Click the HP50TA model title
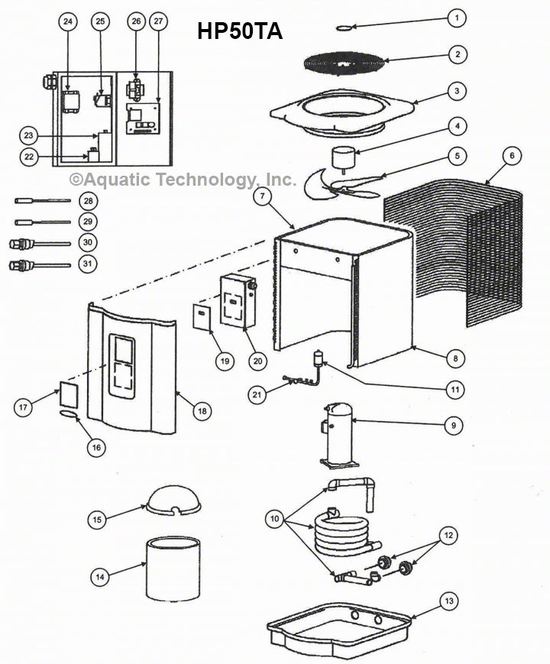click(x=240, y=31)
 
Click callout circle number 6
click(x=512, y=155)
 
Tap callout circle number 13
click(x=450, y=602)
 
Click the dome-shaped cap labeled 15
click(x=173, y=499)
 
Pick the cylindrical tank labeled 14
click(x=173, y=569)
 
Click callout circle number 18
click(x=202, y=411)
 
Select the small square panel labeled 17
click(x=70, y=397)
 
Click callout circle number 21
click(x=257, y=394)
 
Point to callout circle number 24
click(x=68, y=22)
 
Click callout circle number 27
click(x=157, y=22)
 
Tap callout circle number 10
click(x=273, y=519)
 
